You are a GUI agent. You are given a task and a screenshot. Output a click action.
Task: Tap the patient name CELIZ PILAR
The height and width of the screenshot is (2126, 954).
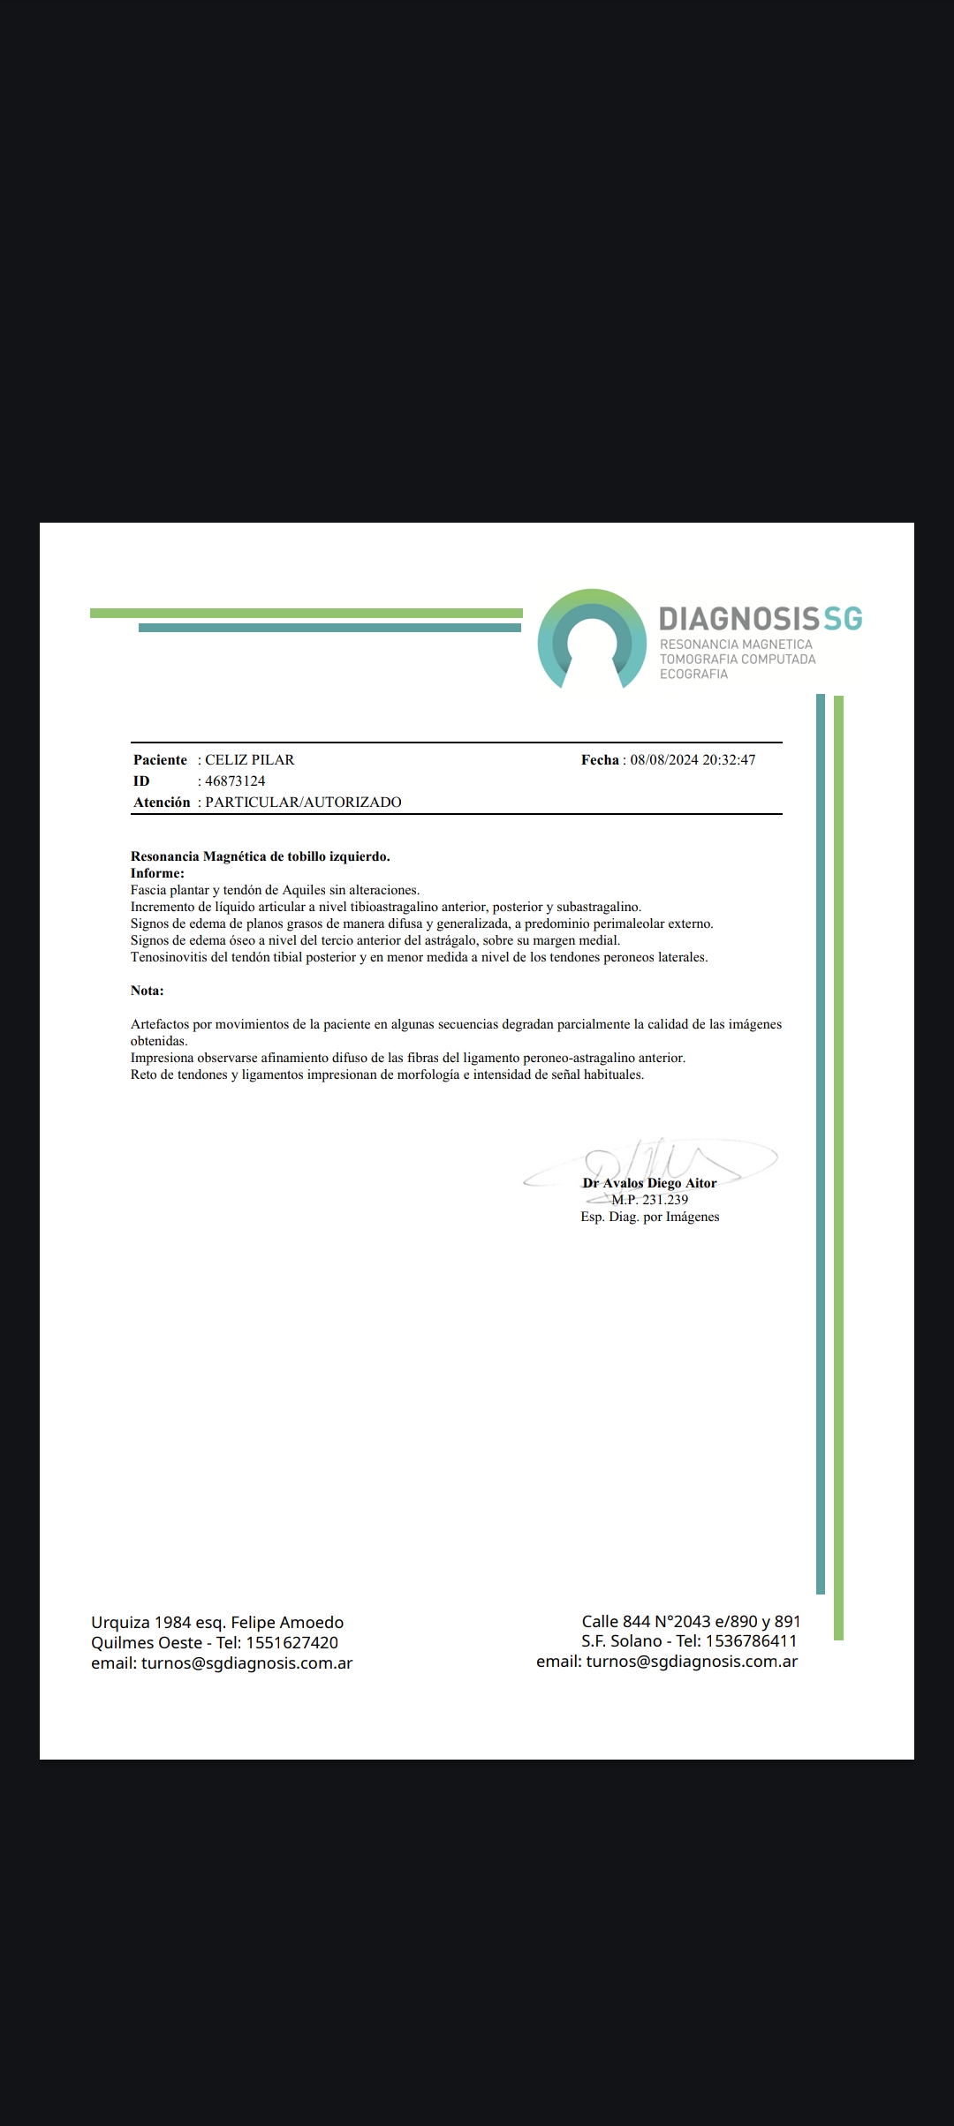pos(250,760)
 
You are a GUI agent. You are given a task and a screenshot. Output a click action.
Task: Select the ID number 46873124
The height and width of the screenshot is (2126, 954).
pos(235,781)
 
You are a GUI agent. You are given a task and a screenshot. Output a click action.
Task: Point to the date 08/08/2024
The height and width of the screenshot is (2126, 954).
pos(664,760)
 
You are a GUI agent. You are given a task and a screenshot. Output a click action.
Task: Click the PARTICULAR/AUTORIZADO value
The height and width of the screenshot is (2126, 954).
pos(303,803)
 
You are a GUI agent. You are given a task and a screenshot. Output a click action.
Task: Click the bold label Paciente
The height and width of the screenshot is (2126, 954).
pos(160,760)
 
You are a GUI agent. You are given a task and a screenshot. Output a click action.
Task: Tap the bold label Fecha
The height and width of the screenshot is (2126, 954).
pos(600,760)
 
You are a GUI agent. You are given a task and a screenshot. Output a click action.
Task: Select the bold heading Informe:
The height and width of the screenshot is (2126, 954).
pos(157,873)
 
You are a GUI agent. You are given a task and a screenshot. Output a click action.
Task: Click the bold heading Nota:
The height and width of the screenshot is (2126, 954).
pos(148,991)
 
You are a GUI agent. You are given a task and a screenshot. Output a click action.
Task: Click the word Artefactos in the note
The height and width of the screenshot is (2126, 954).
pos(160,1024)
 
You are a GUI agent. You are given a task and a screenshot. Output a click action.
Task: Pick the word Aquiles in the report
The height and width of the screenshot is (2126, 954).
pos(304,890)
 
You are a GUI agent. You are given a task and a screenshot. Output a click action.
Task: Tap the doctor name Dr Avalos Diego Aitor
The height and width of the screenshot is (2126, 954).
pos(649,1183)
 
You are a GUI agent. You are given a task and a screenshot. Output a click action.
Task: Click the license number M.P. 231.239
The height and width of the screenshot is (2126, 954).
pos(649,1200)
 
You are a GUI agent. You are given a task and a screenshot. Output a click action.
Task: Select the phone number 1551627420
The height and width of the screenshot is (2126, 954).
pos(291,1643)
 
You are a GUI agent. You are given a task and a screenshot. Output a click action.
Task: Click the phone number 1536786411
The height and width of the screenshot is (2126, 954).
pos(751,1641)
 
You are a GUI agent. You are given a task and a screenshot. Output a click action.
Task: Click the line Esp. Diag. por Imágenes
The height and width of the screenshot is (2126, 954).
pos(649,1217)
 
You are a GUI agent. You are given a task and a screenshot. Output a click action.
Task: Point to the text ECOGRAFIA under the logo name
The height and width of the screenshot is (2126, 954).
pos(693,675)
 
